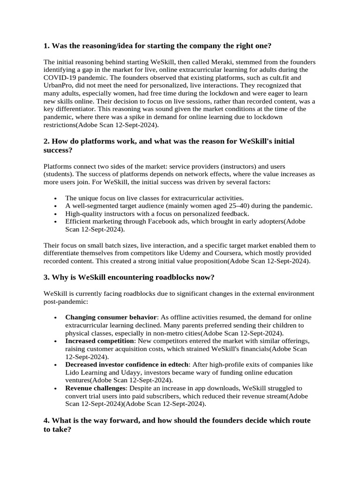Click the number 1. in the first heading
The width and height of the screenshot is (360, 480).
pos(46,46)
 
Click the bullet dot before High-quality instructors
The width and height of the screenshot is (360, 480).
pos(56,214)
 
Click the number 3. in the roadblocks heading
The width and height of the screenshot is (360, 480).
pos(46,277)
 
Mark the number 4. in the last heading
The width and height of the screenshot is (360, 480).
pos(46,420)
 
